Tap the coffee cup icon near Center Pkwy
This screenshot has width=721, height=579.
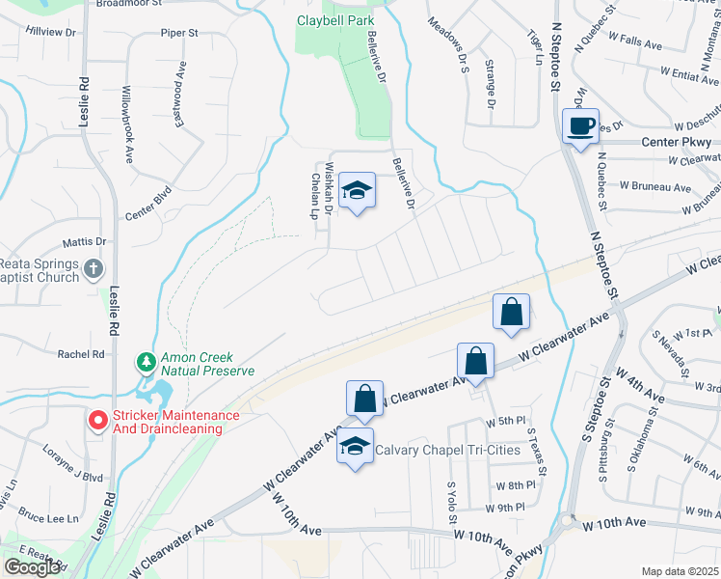580,126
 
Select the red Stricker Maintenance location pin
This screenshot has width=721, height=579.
97,421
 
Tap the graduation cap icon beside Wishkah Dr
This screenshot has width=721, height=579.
357,190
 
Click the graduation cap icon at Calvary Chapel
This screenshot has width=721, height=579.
356,447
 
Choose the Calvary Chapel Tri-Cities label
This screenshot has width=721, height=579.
447,450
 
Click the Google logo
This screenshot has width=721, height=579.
32,567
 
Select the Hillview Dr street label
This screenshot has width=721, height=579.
51,32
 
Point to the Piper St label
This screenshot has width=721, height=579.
179,33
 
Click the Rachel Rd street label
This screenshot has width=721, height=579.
80,354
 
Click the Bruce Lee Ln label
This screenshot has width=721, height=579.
48,518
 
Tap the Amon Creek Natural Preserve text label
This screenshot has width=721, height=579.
208,364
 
